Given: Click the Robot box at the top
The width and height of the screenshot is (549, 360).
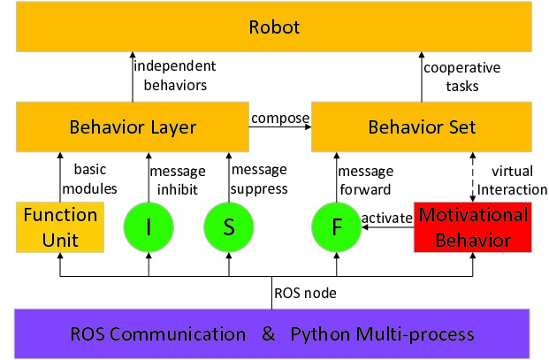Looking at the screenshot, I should (273, 27).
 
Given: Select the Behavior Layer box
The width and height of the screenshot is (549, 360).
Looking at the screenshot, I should (132, 126).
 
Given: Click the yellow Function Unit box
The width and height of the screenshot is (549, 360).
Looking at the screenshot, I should (60, 226).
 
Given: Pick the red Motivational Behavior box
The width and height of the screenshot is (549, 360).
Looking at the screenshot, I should (472, 226).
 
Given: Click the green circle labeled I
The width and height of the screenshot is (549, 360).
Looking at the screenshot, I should (149, 227).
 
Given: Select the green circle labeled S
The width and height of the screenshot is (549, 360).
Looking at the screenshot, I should (228, 227).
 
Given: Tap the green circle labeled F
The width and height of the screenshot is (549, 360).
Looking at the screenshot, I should (337, 227).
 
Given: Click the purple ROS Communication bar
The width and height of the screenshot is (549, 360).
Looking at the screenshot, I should (273, 333).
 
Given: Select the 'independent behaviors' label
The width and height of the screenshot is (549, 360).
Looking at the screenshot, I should (173, 75).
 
